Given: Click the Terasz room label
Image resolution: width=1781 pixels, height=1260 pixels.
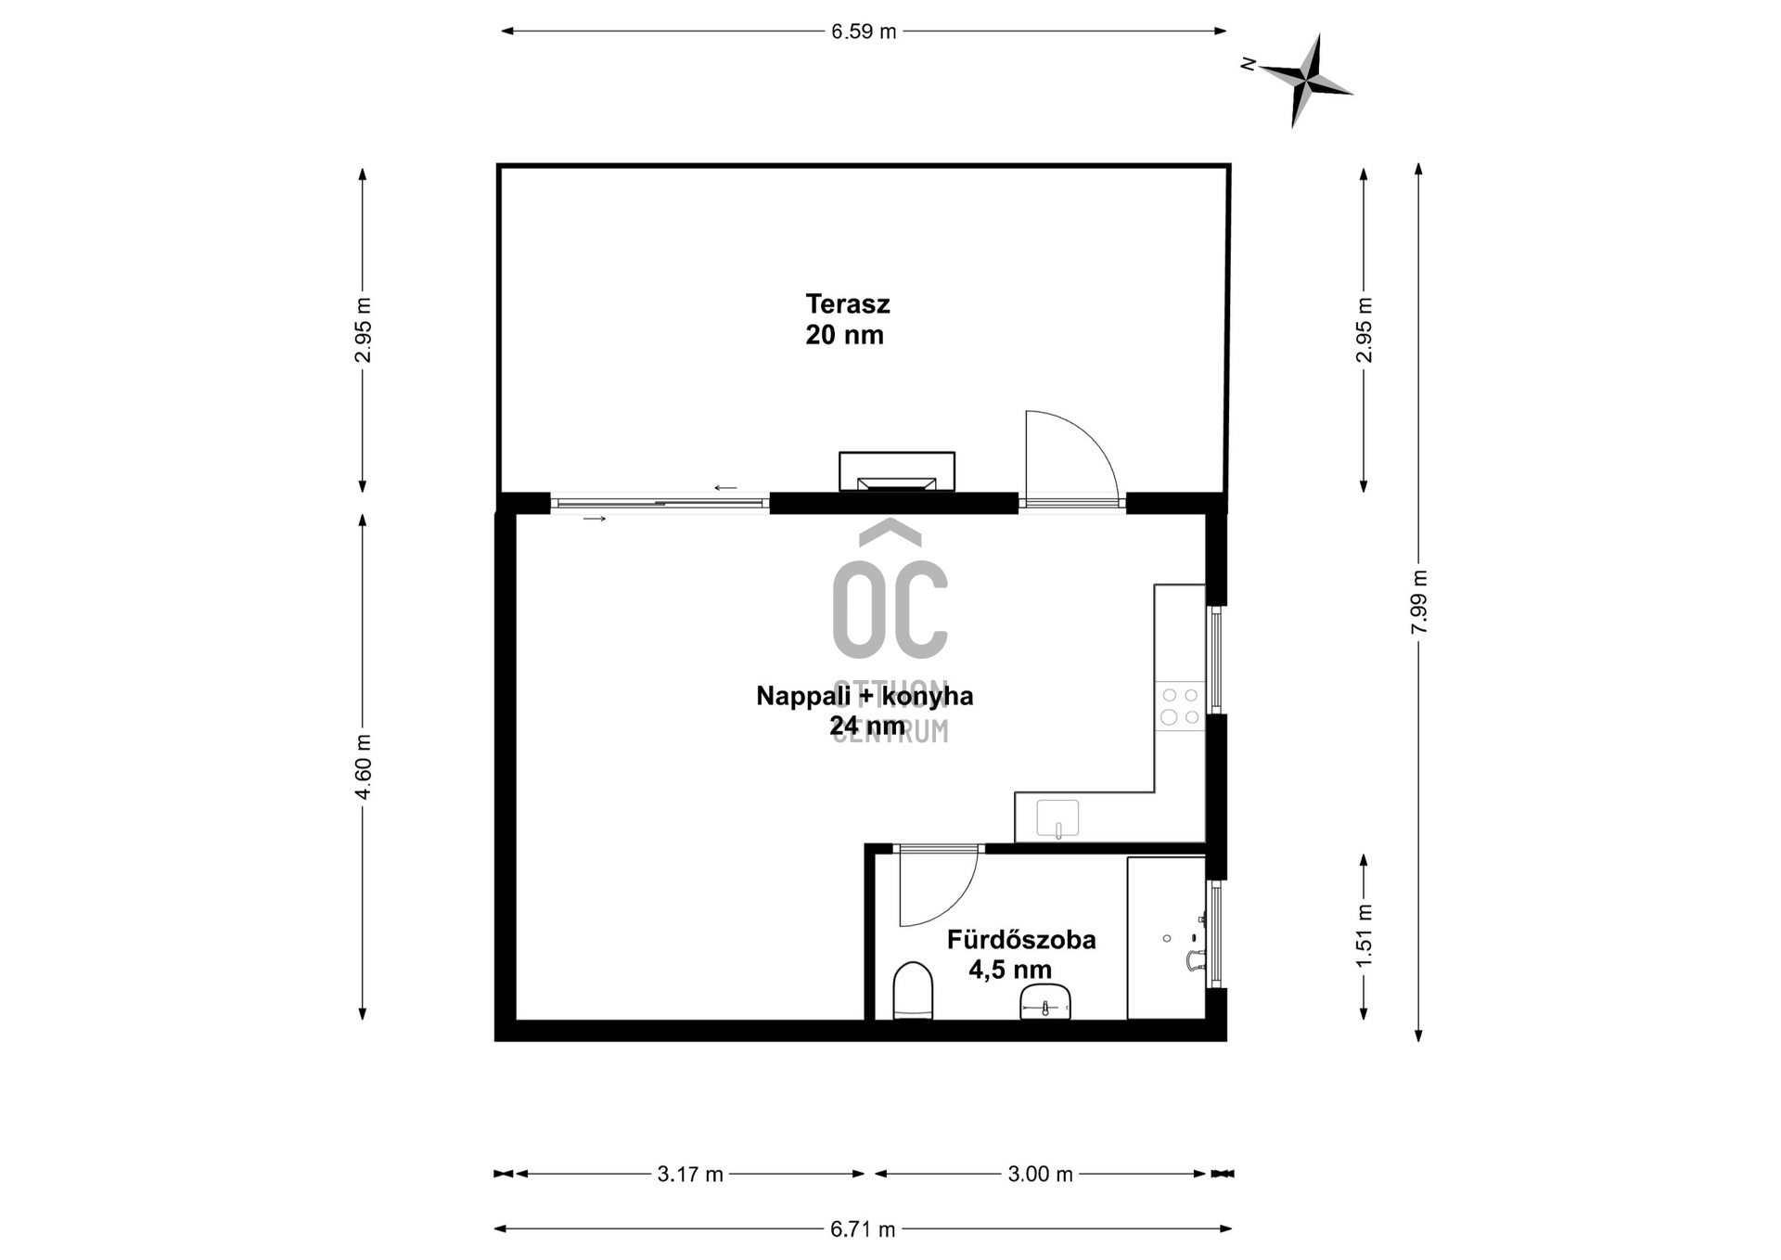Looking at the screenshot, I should click(x=846, y=319).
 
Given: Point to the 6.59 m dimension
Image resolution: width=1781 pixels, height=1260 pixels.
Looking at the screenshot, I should click(x=863, y=32).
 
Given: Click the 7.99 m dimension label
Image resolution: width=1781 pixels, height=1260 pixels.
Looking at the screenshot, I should click(x=1418, y=602).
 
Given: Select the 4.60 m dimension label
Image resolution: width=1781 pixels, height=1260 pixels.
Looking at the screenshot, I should click(x=363, y=766).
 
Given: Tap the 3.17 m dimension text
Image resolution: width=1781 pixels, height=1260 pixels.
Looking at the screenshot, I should click(x=689, y=1174).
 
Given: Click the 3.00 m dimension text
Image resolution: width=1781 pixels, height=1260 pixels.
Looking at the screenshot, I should click(x=1040, y=1174).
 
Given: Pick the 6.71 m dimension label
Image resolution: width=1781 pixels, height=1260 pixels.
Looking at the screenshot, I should click(x=863, y=1229).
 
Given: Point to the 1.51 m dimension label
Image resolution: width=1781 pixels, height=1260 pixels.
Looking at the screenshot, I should click(x=1364, y=935).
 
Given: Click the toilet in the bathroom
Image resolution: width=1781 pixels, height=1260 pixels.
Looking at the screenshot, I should click(x=913, y=991).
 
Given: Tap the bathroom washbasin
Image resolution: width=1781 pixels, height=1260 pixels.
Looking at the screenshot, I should click(x=1045, y=1002).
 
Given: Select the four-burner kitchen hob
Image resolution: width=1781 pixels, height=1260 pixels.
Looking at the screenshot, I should click(x=1180, y=706).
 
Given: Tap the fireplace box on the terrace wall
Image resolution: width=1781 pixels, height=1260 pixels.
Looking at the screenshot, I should click(x=896, y=471).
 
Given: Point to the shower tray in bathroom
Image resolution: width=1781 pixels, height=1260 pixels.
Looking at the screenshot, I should click(x=1166, y=937).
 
